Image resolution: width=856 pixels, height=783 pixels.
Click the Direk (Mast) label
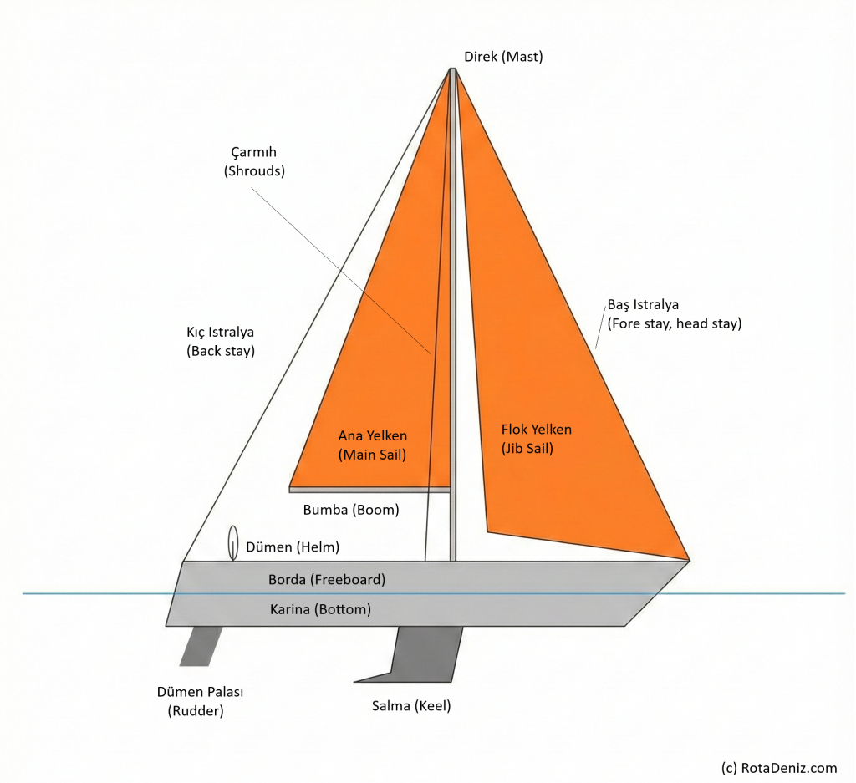point(503,57)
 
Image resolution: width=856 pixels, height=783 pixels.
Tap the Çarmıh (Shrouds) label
point(254,161)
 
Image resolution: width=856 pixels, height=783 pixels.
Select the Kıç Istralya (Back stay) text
point(221,341)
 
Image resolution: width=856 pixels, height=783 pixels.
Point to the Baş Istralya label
point(674,314)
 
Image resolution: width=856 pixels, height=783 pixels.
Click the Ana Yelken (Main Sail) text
point(373,445)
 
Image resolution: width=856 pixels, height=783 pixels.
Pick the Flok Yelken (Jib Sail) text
point(536,439)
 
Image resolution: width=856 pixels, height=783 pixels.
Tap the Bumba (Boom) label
point(351,509)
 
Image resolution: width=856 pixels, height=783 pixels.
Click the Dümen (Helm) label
point(293,547)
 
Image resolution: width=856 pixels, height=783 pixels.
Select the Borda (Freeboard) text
point(327,578)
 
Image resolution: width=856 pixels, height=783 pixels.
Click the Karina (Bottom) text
point(320,609)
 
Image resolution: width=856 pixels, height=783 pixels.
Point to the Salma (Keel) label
point(411,706)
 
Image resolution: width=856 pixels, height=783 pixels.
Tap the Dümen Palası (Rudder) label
point(200,701)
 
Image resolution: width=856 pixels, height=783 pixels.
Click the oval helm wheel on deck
point(232,542)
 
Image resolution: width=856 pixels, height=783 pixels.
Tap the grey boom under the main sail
point(369,489)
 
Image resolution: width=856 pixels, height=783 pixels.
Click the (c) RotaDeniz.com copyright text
point(777,767)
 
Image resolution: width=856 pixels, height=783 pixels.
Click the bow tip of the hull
point(688,562)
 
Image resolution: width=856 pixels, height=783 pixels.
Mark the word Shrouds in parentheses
point(254,170)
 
